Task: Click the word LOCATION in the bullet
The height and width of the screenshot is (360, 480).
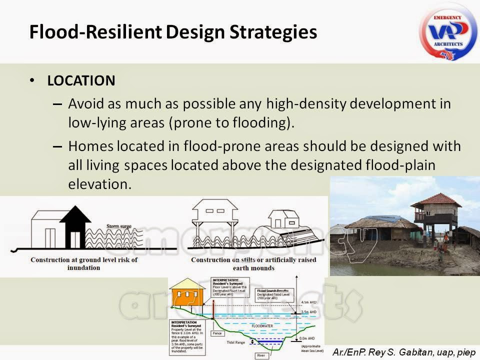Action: coord(81,80)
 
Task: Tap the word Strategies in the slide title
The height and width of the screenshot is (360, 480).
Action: coord(270,32)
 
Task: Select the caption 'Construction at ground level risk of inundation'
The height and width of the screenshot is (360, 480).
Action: coord(84,263)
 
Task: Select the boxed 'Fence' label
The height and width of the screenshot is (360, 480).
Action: coord(217,332)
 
